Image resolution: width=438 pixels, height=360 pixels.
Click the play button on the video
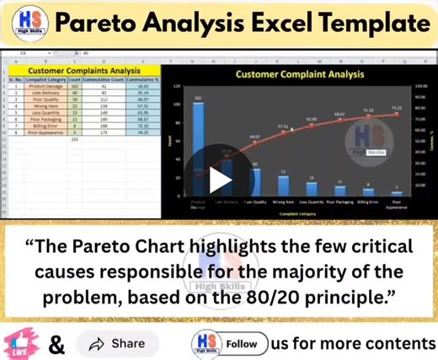click(220, 180)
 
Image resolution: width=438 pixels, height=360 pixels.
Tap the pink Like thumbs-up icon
click(22, 344)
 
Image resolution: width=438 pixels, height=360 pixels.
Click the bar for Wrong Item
click(284, 186)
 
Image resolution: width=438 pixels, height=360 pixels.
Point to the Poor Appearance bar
click(397, 195)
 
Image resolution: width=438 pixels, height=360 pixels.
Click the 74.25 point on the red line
click(396, 113)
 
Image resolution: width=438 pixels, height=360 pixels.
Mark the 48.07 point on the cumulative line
click(254, 140)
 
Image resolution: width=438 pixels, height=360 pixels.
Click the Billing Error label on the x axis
click(367, 203)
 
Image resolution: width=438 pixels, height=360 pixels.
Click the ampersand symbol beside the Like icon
click(56, 344)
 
